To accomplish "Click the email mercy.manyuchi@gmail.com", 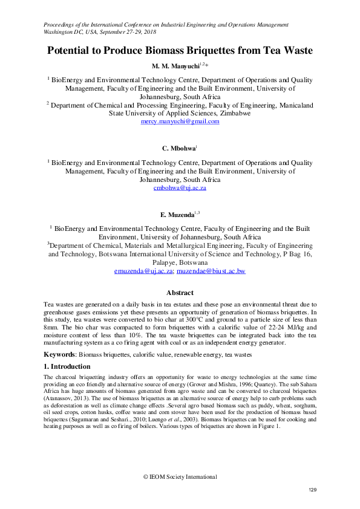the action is point(180,121).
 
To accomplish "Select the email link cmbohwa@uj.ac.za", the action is point(180,188).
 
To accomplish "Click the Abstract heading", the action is point(180,293).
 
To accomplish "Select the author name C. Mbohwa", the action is point(177,148).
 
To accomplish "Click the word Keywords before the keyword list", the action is point(62,354).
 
